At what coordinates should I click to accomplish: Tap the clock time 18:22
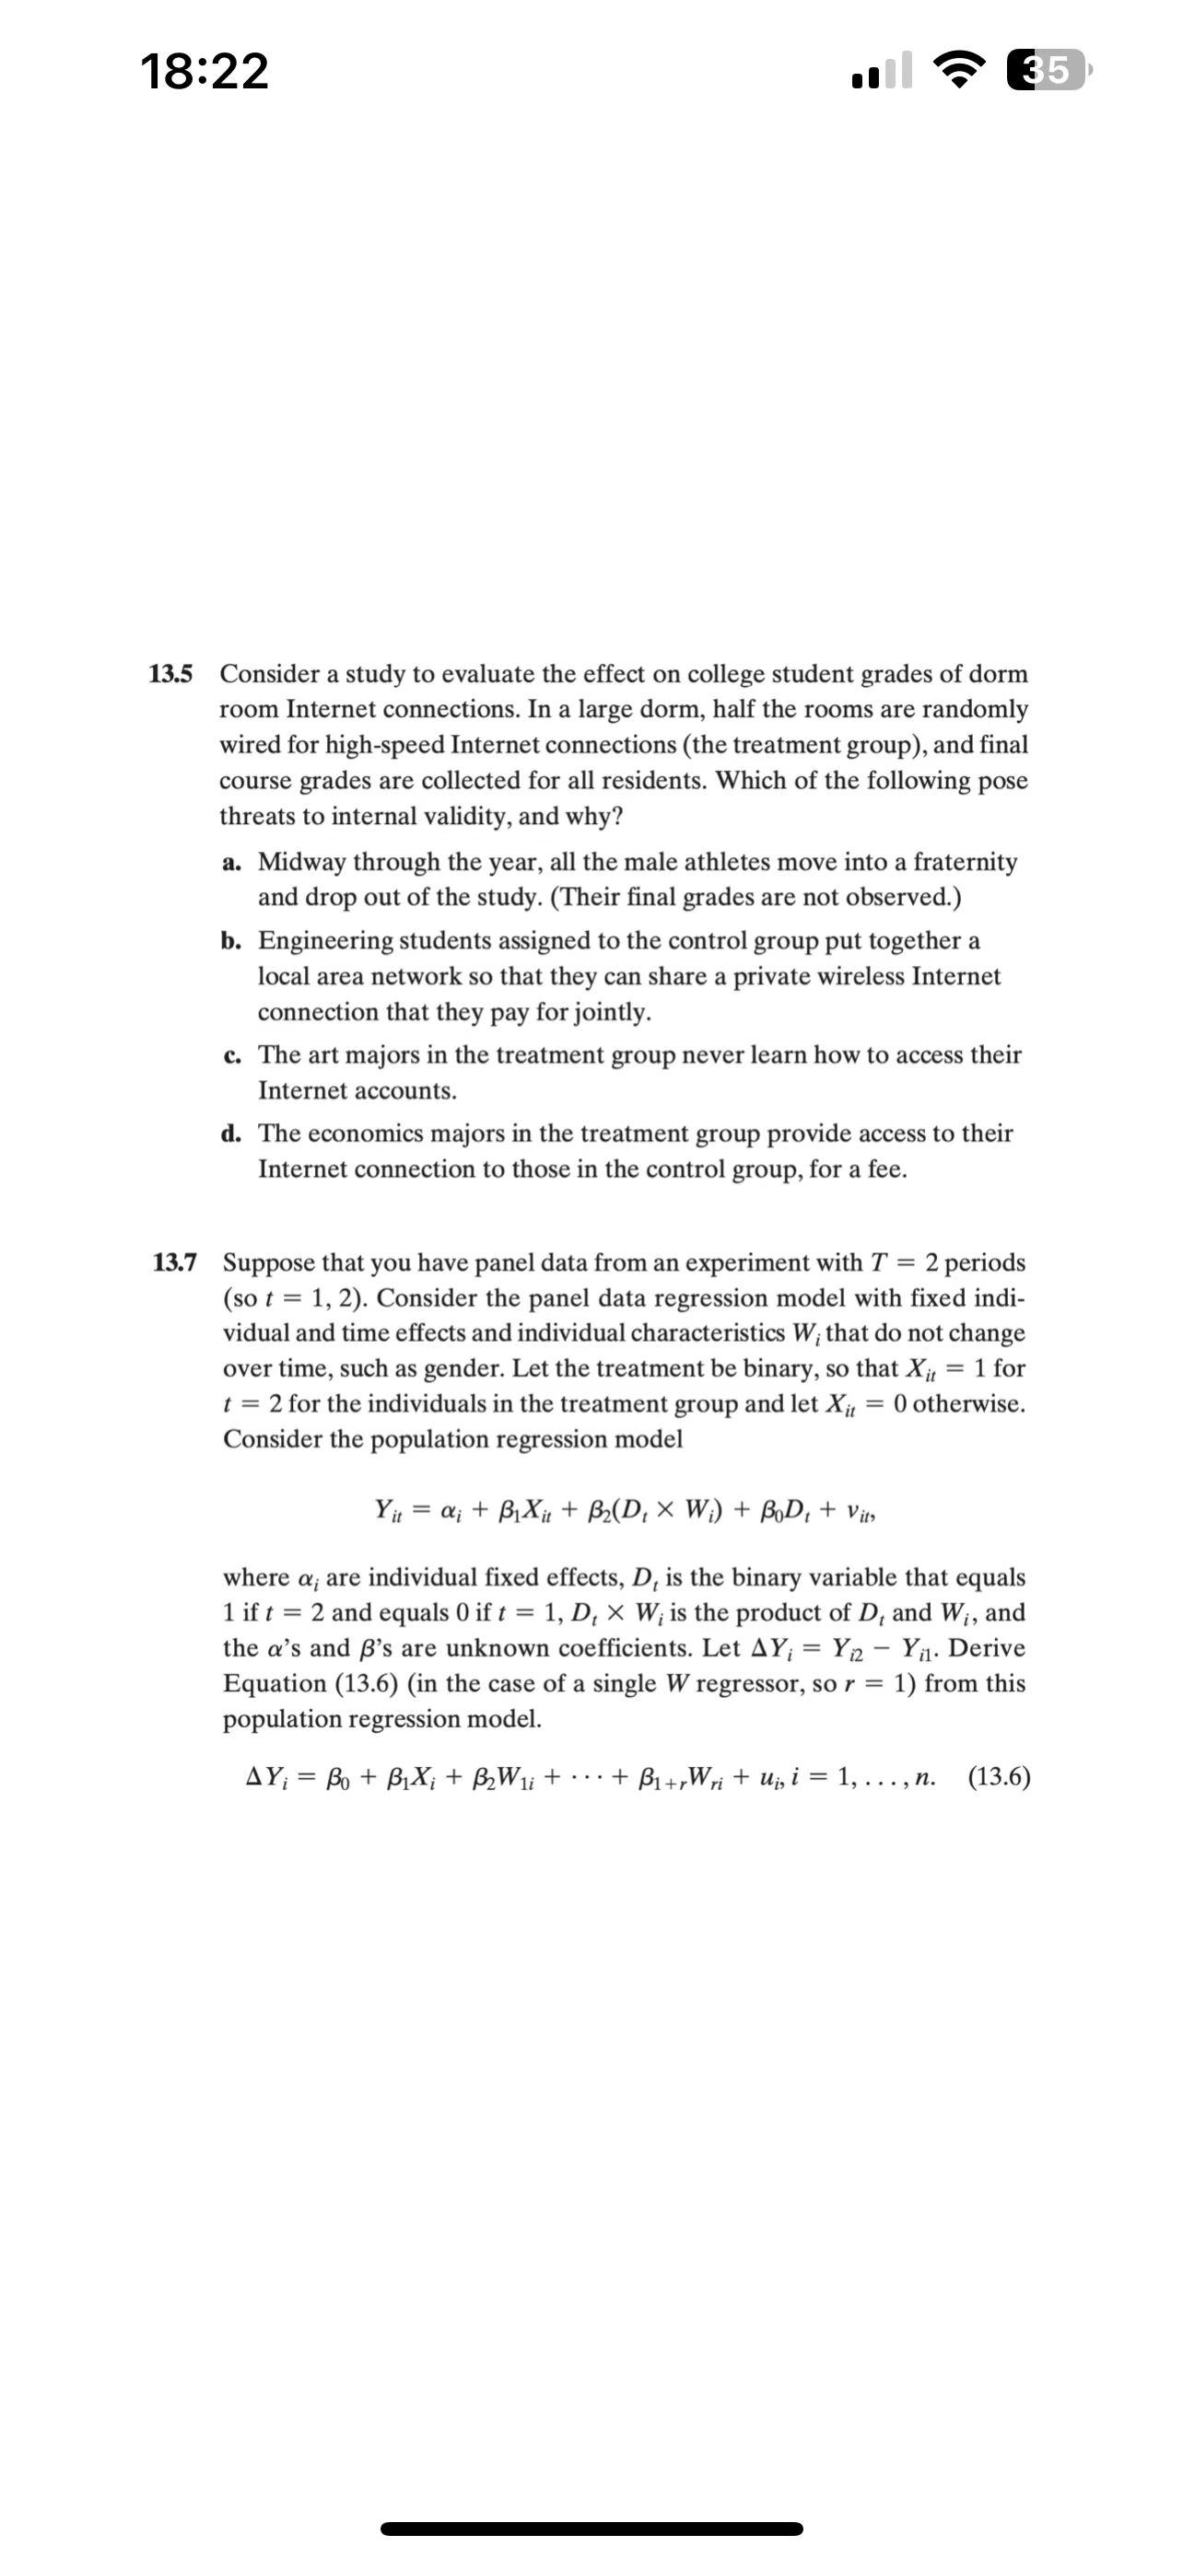pos(206,72)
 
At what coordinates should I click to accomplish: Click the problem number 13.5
pos(170,674)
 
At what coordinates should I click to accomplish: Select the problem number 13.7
pos(174,1263)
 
